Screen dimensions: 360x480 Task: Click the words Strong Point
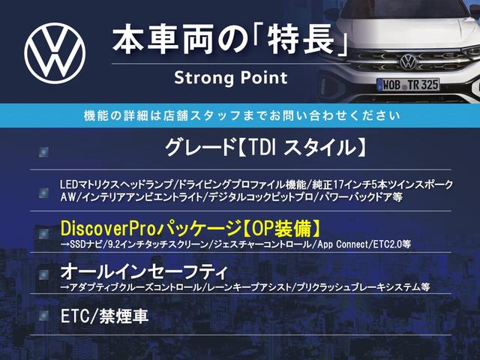[231, 77]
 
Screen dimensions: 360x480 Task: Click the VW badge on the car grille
[407, 61]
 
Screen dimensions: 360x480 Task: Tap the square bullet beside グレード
[43, 151]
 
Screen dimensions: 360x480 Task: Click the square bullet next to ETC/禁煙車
[43, 317]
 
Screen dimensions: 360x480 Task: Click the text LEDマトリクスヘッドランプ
[116, 184]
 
